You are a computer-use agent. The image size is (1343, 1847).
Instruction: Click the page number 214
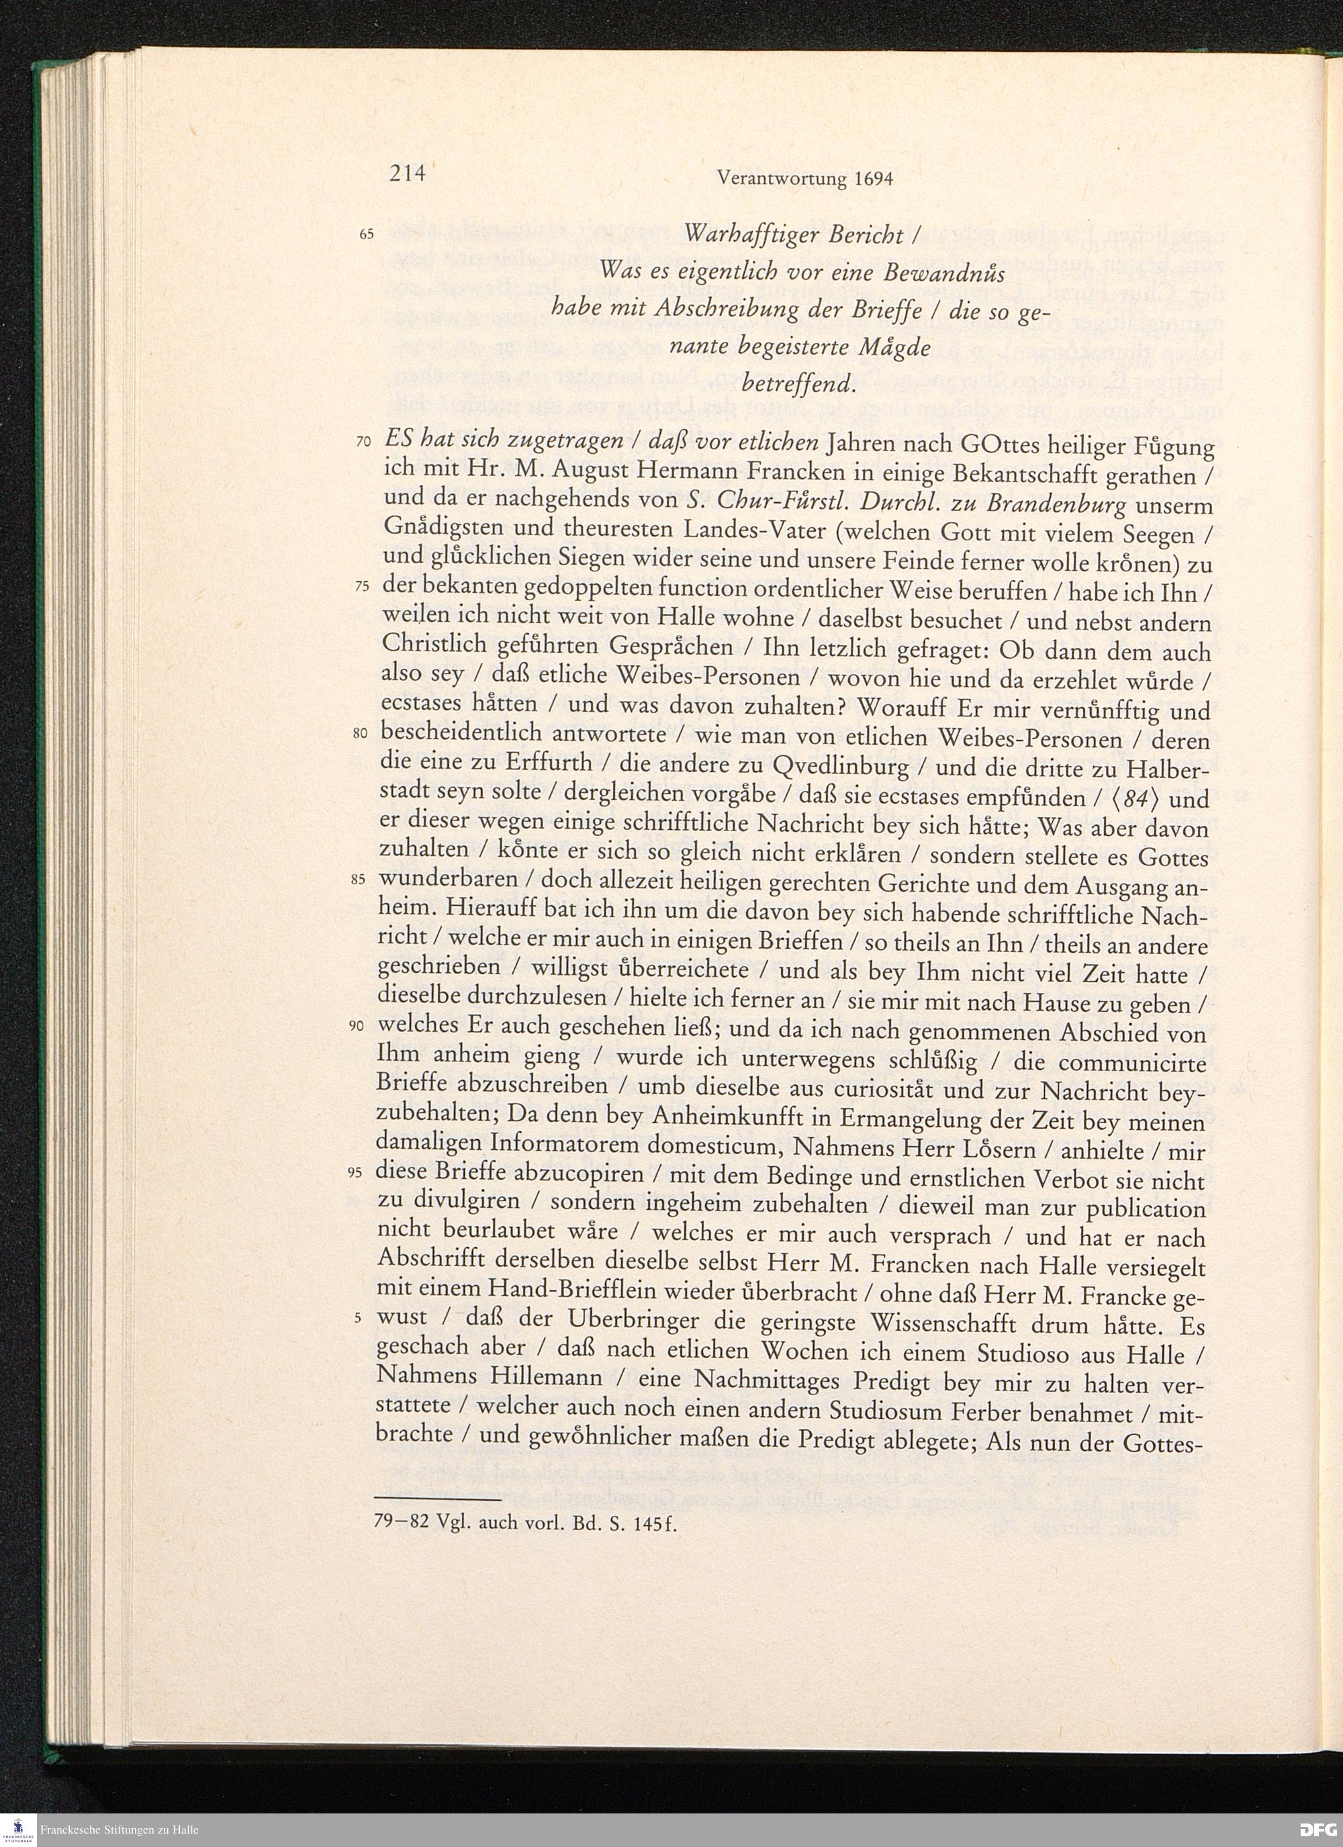(x=407, y=173)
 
